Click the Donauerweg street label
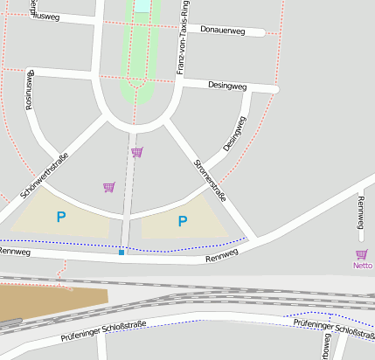232,30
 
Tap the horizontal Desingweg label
227,86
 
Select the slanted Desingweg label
234,134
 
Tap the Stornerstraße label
210,180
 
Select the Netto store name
362,265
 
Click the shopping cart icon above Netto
362,254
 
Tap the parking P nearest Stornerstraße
182,222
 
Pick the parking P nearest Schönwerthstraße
60,217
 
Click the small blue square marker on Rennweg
122,253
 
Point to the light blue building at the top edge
142,5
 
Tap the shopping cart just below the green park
136,152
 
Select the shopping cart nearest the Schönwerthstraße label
108,187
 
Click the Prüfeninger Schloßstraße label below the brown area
103,329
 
